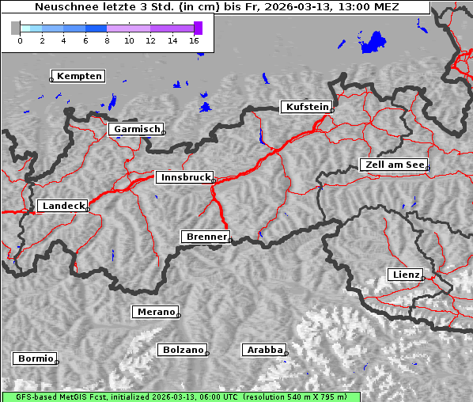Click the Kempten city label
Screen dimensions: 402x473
(x=79, y=76)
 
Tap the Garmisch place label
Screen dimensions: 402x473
(x=137, y=129)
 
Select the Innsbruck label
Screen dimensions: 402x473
(x=185, y=177)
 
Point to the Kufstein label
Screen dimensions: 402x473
(x=307, y=107)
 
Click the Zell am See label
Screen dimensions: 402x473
(x=394, y=165)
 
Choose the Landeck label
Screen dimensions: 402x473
(x=62, y=206)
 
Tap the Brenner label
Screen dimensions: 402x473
(x=206, y=237)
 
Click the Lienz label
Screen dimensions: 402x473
(x=406, y=275)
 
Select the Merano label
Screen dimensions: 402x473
(x=155, y=312)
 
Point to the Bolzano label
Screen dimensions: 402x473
(x=183, y=350)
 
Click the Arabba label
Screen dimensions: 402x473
(x=264, y=350)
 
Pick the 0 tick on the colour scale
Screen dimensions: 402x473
(x=20, y=40)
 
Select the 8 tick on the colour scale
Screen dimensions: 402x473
(x=107, y=40)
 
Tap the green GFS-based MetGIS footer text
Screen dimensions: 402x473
(x=180, y=396)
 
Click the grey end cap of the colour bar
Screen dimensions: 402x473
(x=15, y=28)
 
